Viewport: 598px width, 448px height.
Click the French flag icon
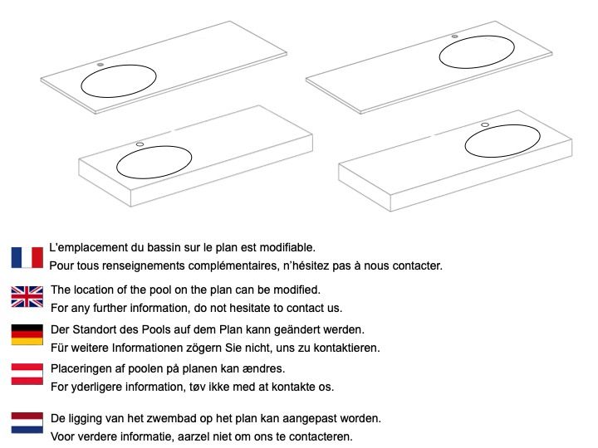(27, 257)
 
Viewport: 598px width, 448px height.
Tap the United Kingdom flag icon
(27, 297)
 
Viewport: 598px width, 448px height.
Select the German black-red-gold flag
(27, 335)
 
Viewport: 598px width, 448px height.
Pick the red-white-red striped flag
(27, 374)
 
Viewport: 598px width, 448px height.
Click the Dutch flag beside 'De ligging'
(27, 423)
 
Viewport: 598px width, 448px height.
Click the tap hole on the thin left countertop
(100, 65)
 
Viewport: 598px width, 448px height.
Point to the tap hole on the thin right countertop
(454, 37)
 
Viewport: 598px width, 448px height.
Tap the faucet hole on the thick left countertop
(140, 144)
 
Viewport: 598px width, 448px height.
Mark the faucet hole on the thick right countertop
(485, 124)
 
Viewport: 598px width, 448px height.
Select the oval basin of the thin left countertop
(119, 98)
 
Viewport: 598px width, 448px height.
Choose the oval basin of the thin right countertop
(477, 68)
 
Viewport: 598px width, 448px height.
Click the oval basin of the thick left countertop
(154, 178)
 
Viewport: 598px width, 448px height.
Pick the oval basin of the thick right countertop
(502, 157)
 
